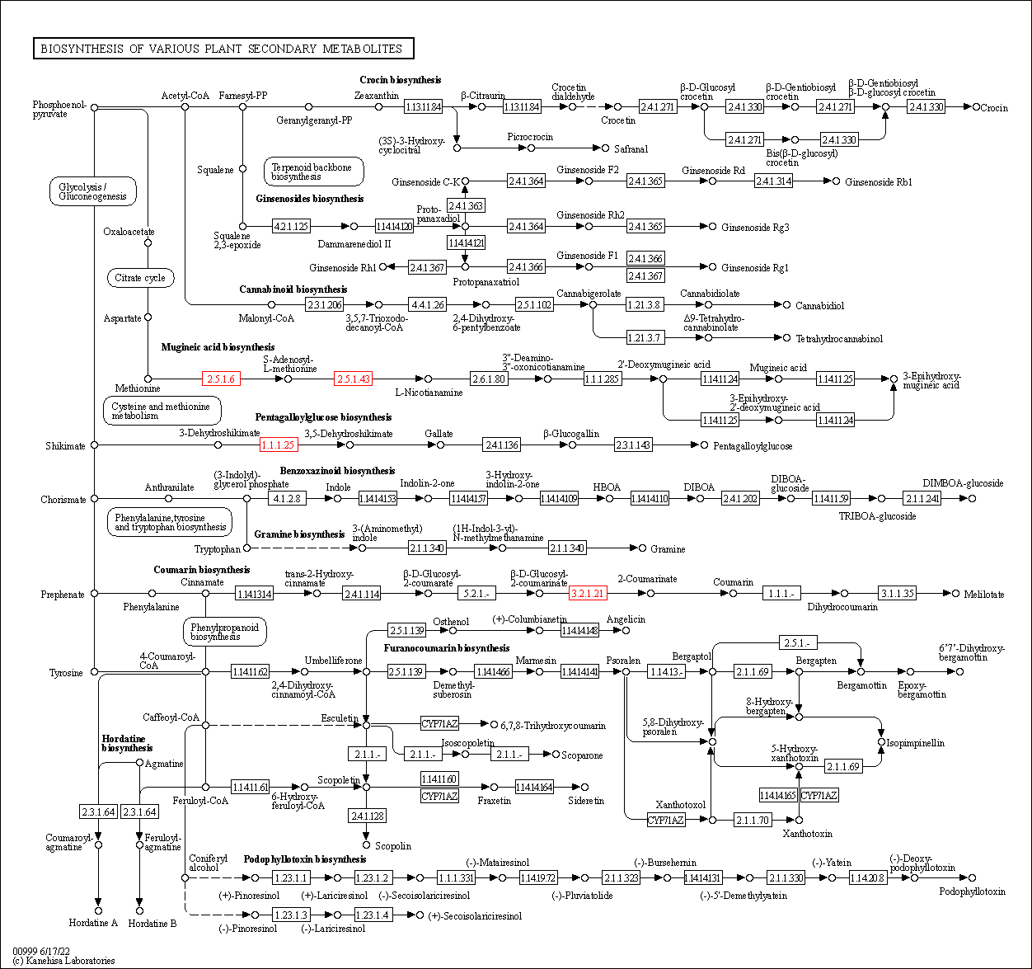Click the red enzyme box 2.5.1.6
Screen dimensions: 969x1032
point(221,379)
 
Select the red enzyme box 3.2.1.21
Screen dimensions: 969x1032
point(588,593)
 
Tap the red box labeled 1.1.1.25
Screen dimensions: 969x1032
point(278,445)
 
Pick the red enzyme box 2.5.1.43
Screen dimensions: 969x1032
point(353,379)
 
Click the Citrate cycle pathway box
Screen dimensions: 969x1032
point(140,278)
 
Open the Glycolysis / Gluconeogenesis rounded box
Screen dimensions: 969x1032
point(92,191)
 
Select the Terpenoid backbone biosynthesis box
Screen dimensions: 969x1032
point(313,172)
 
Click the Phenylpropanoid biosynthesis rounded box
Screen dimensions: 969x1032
point(224,633)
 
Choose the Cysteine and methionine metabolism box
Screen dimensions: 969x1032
point(162,411)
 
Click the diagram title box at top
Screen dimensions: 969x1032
point(223,49)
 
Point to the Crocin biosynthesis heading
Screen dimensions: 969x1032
point(400,80)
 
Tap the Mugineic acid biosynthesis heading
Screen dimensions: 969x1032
point(218,347)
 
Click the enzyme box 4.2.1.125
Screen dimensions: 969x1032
point(291,226)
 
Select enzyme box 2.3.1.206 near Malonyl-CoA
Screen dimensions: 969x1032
point(324,304)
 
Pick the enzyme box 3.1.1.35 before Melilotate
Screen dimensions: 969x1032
point(897,593)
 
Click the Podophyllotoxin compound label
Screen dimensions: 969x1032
point(972,891)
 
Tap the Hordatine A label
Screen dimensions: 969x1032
point(93,923)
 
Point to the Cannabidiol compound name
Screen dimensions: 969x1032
point(819,306)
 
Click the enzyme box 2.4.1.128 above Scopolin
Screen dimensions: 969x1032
point(367,816)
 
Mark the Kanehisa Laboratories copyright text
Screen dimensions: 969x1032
point(63,961)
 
